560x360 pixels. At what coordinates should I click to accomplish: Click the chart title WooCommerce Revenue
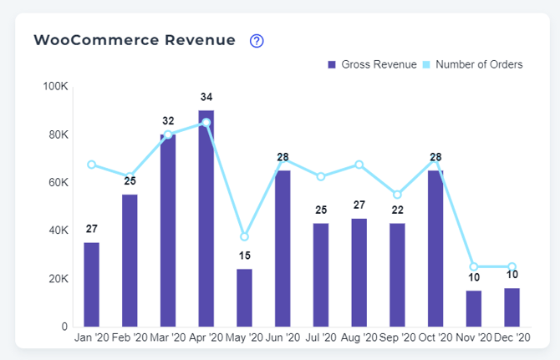(135, 40)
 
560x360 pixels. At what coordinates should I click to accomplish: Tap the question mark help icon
(257, 41)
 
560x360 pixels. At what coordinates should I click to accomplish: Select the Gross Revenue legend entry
(372, 64)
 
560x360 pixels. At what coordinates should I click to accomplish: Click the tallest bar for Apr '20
(206, 218)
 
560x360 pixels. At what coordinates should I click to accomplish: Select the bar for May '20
(244, 297)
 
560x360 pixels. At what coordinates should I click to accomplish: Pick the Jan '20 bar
(91, 284)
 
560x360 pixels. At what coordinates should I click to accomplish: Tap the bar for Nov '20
(474, 308)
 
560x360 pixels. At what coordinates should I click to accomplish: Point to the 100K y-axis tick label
(55, 87)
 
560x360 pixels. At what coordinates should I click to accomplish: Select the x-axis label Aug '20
(359, 337)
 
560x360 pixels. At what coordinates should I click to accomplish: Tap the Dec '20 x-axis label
(512, 337)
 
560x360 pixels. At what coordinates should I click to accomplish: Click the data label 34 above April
(206, 96)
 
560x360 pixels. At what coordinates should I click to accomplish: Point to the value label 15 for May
(244, 255)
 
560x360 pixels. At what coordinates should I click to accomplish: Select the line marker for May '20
(244, 236)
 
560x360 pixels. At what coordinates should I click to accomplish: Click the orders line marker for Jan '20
(91, 165)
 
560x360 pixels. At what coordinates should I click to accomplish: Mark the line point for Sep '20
(397, 195)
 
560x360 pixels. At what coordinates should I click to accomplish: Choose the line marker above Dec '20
(512, 266)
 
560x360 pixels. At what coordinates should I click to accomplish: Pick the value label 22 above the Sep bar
(397, 209)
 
